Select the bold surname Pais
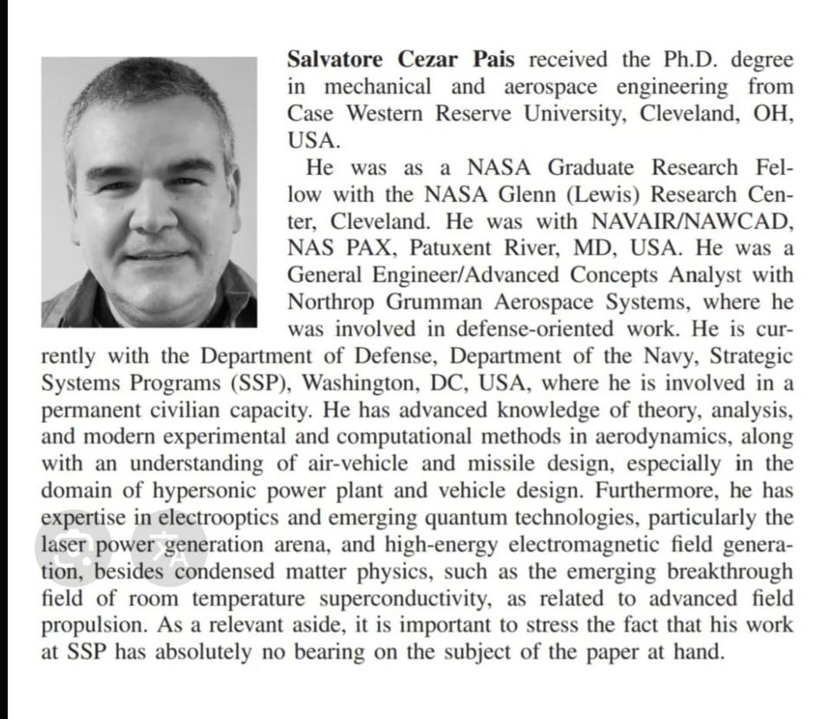493,61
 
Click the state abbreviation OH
773,114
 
